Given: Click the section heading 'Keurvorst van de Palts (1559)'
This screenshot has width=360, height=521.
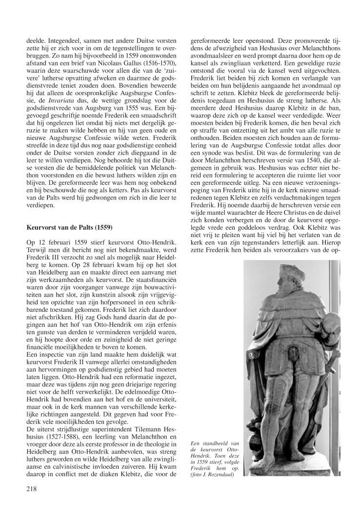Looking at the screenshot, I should pos(69,240).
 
